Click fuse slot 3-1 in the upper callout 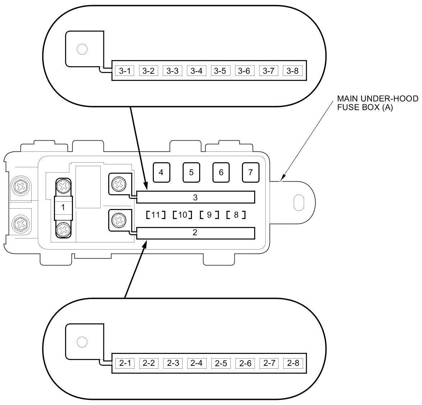(125, 71)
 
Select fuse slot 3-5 (220, 71)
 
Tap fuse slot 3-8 (293, 71)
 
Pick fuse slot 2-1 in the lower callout (125, 363)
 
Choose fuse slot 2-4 (197, 363)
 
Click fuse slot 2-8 (293, 363)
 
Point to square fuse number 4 (161, 172)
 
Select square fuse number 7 (251, 172)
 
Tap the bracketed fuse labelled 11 (156, 215)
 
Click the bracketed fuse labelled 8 (236, 215)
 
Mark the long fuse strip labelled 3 (196, 197)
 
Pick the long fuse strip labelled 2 (196, 233)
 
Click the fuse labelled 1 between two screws (63, 208)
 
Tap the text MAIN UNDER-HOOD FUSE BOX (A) (377, 103)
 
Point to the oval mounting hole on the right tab (298, 202)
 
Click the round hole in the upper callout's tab (82, 49)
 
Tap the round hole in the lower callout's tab (82, 341)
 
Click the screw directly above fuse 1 (64, 186)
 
